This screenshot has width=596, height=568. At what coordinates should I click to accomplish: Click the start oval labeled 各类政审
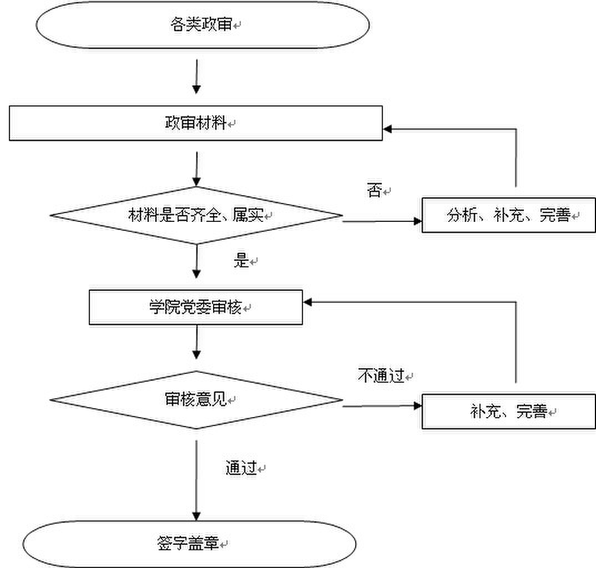203,26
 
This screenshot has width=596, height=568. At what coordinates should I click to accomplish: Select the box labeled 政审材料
195,123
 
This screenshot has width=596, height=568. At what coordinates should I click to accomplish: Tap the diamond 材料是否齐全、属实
196,215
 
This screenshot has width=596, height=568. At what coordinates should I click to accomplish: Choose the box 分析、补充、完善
508,215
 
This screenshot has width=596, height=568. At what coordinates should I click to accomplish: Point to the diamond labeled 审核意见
196,400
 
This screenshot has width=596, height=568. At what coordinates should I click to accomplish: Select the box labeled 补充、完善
508,412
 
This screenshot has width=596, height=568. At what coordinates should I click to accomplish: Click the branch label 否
375,191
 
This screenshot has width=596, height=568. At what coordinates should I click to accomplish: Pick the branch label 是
241,261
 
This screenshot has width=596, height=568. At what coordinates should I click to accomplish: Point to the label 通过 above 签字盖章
240,468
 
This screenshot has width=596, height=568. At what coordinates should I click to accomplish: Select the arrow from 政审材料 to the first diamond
196,169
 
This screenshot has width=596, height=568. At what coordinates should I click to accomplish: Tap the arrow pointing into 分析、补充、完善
383,221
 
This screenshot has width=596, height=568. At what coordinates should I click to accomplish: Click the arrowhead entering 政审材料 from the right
388,129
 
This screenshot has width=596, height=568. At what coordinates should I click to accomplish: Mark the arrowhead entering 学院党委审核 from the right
308,302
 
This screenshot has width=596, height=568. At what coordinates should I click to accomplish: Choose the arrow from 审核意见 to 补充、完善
383,406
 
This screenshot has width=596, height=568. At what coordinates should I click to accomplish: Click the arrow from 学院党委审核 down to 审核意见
196,342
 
